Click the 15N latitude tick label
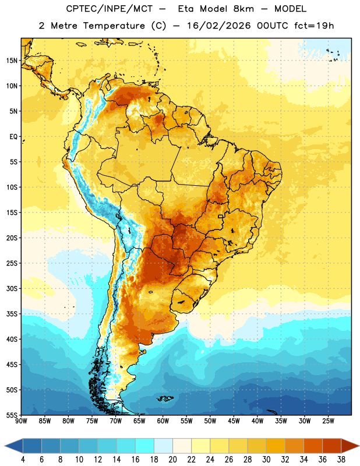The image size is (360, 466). point(12,61)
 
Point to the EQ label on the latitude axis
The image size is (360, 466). point(13,137)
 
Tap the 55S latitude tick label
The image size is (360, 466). point(12,415)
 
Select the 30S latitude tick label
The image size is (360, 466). point(12,288)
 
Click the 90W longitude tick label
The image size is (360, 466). point(21,421)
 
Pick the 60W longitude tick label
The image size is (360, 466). point(163,421)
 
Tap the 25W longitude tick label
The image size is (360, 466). point(328,421)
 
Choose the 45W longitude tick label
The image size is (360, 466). point(234,421)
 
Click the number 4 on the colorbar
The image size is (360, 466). point(23,460)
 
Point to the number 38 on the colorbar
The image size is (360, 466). point(341,460)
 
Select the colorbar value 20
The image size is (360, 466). point(172,460)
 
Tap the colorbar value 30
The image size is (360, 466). point(266,460)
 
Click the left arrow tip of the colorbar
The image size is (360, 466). point(5,446)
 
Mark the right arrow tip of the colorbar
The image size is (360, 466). point(359,446)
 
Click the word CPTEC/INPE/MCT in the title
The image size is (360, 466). point(110,9)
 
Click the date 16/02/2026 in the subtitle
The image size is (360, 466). point(218,26)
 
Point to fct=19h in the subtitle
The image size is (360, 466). point(314,26)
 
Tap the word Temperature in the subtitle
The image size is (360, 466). point(114,26)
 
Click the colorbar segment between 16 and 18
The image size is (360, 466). point(145,446)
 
